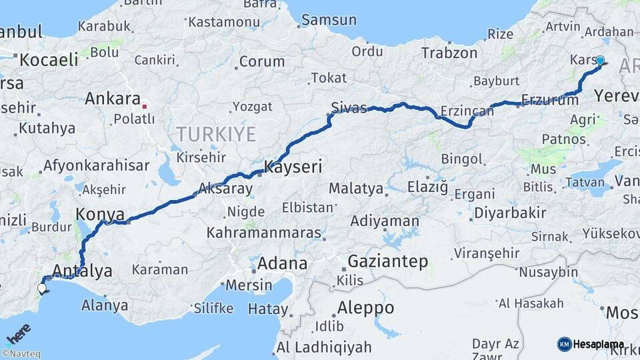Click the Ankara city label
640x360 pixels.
click(112, 99)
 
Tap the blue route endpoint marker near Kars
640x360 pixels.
click(600, 61)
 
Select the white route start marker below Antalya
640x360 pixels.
click(42, 288)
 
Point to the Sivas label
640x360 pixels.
click(349, 108)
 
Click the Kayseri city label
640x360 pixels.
click(293, 167)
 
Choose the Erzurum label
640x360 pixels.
click(549, 101)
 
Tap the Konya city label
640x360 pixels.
click(100, 215)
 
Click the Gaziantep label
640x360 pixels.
click(387, 261)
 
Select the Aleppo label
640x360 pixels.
click(365, 308)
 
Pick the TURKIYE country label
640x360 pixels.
click(216, 135)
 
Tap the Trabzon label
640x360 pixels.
click(449, 53)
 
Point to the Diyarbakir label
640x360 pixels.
click(510, 213)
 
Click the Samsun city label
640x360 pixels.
click(329, 20)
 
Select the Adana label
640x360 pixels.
click(282, 263)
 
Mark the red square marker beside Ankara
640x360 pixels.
click(145, 105)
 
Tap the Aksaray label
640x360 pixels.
click(225, 189)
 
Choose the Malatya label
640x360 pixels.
click(356, 189)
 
